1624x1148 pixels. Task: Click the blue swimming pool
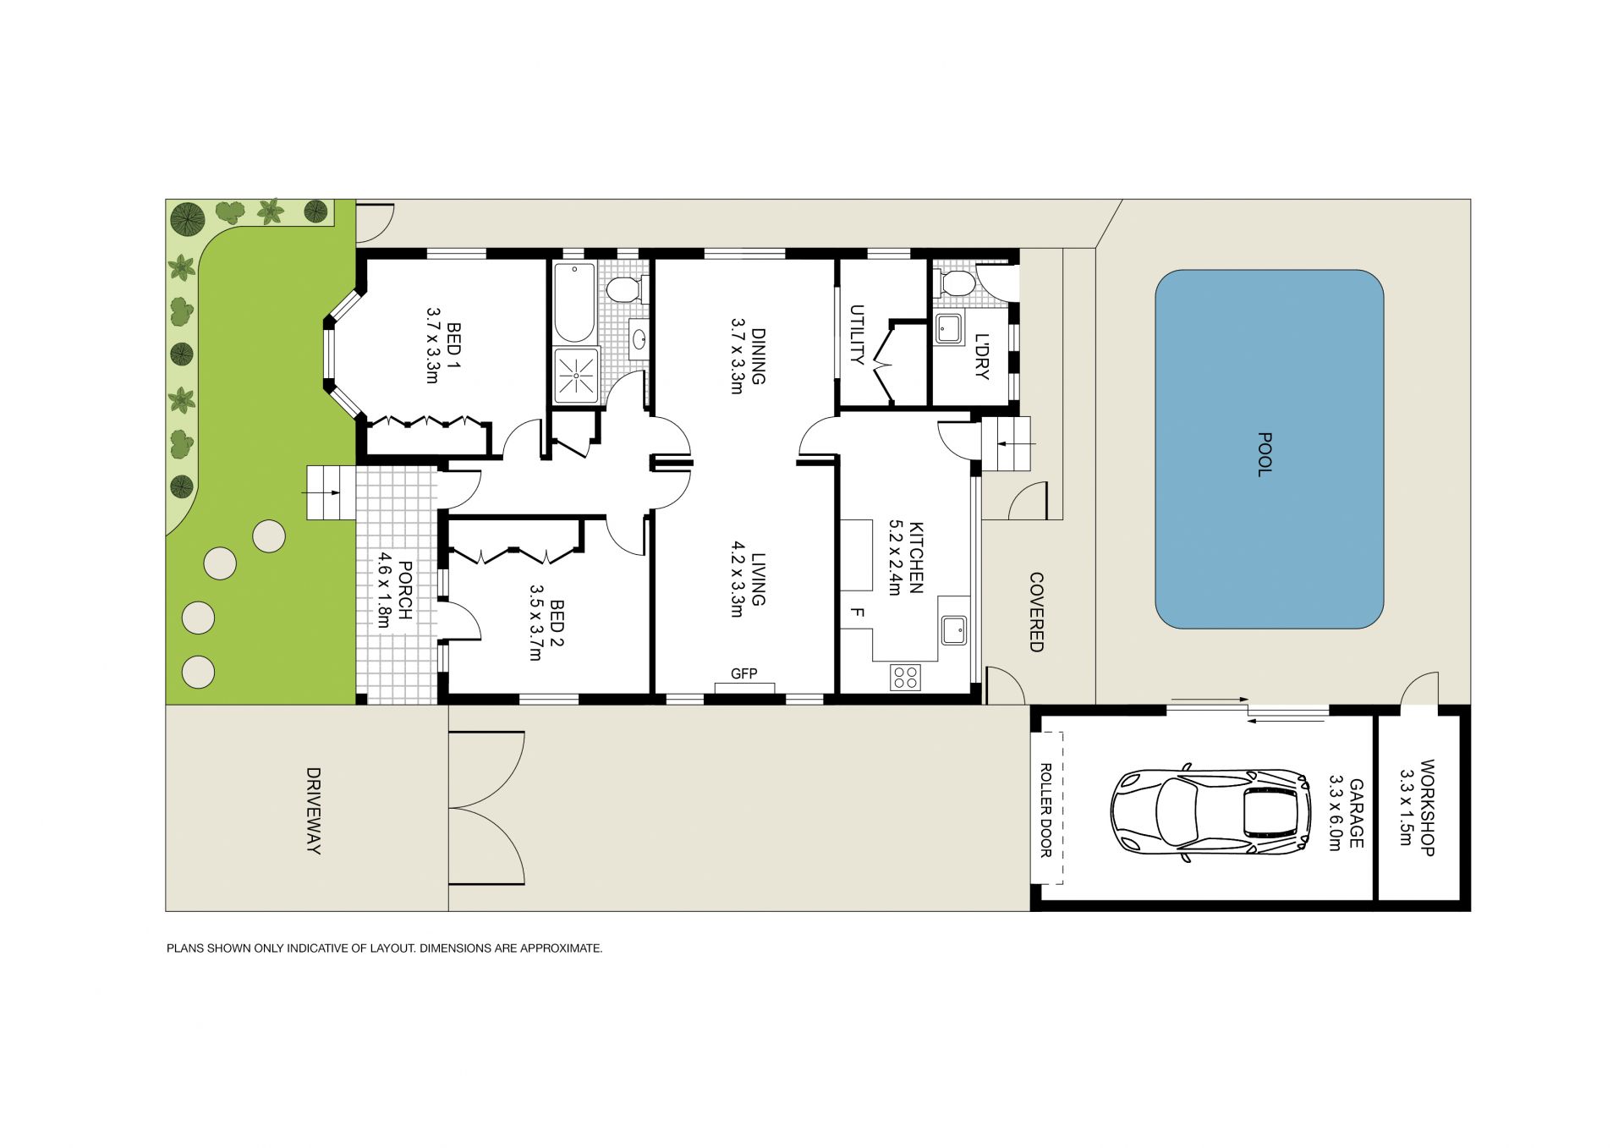1269,449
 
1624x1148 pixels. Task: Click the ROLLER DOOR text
1045,810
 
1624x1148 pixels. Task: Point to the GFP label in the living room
743,673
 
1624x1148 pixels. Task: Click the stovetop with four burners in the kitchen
905,678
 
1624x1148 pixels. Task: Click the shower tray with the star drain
576,375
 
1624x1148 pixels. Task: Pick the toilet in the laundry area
955,283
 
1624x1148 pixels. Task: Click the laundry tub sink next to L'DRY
947,328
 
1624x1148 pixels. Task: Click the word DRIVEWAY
313,810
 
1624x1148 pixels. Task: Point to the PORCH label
404,590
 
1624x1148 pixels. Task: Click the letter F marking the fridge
857,612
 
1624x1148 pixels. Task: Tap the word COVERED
1036,612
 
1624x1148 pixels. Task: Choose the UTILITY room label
857,334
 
